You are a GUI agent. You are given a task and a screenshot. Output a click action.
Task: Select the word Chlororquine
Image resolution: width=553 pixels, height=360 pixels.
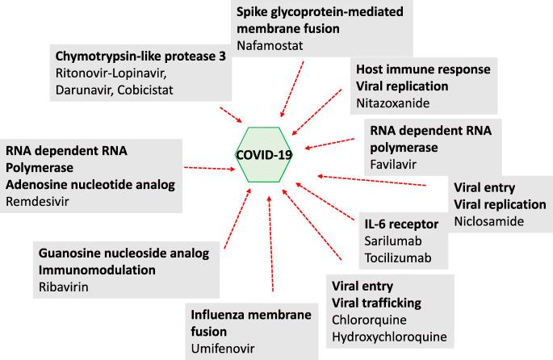tap(370, 319)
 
